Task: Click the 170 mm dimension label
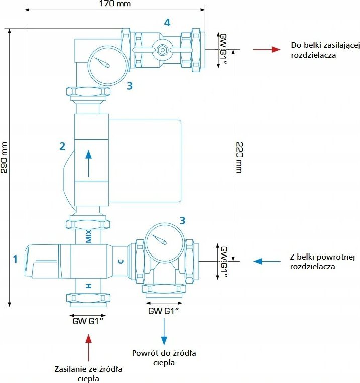pyautogui.click(x=115, y=4)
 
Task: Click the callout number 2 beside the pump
pyautogui.click(x=62, y=146)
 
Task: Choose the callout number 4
pyautogui.click(x=167, y=22)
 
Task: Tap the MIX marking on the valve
pyautogui.click(x=89, y=236)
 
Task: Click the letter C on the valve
pyautogui.click(x=121, y=261)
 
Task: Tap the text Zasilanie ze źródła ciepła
pyautogui.click(x=88, y=374)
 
